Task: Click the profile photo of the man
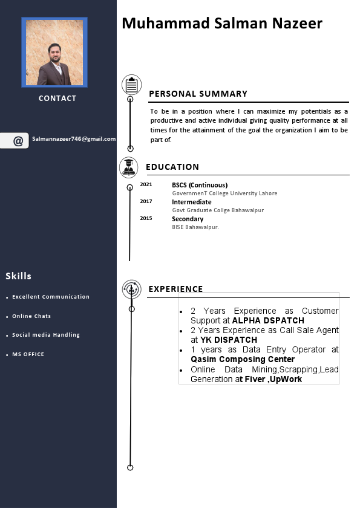54,52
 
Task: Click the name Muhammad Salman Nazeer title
222,24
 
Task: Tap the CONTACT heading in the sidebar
57,99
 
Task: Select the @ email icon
18,141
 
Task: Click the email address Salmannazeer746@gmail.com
74,139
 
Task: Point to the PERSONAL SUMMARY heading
198,94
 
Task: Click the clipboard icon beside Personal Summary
131,85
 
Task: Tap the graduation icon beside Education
128,167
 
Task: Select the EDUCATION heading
172,167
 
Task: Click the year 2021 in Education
146,184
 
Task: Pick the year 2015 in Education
146,218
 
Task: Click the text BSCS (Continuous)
200,185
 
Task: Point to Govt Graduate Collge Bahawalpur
218,210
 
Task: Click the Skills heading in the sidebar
19,276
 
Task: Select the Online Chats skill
31,316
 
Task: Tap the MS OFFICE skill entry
28,354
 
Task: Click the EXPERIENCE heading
175,289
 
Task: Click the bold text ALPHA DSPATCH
268,320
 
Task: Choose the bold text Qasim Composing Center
243,359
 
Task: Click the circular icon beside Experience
131,289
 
